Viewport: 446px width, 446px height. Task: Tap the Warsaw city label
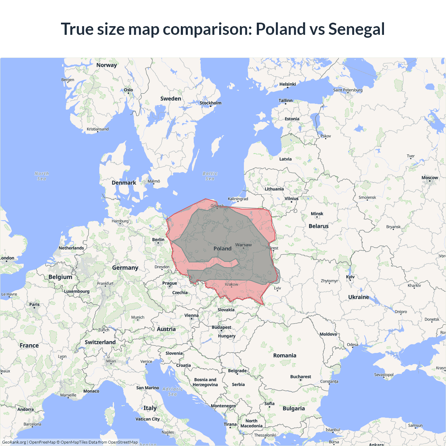click(x=243, y=245)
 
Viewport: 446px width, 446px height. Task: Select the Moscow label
click(x=430, y=178)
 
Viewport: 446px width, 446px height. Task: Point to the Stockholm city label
click(x=210, y=103)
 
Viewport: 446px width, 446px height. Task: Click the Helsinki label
click(x=287, y=84)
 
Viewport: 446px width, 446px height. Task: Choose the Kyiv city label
click(x=350, y=277)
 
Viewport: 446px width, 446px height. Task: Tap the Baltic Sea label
click(x=210, y=176)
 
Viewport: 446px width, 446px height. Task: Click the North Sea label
click(x=42, y=176)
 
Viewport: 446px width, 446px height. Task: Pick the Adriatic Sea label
click(x=172, y=391)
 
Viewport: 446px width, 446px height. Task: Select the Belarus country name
click(x=318, y=226)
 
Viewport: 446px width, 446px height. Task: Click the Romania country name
click(x=285, y=355)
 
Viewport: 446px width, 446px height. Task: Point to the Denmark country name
click(x=124, y=183)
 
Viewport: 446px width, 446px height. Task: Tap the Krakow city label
click(x=231, y=284)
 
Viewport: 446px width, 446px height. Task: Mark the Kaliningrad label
click(x=238, y=199)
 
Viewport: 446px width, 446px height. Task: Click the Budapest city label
click(x=221, y=328)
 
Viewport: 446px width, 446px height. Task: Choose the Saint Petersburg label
click(x=348, y=90)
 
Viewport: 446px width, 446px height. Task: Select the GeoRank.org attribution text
click(x=14, y=442)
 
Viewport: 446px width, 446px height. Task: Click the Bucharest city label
click(x=300, y=377)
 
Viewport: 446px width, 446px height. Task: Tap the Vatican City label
click(x=147, y=419)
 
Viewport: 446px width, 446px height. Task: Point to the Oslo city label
click(x=128, y=90)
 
